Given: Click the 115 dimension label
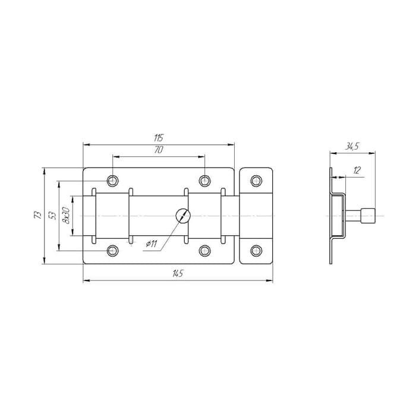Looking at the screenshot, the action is point(159,138).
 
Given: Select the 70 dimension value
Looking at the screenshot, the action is point(159,150).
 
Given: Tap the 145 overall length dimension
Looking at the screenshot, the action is point(178,273).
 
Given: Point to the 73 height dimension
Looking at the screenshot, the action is point(39,215).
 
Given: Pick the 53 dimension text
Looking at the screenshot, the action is point(53,215).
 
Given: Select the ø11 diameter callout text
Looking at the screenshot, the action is point(152,244).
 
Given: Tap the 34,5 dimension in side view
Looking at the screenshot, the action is point(352,146).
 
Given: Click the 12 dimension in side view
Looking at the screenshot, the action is point(357,171).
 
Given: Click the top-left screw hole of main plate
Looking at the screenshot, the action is point(113,181).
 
